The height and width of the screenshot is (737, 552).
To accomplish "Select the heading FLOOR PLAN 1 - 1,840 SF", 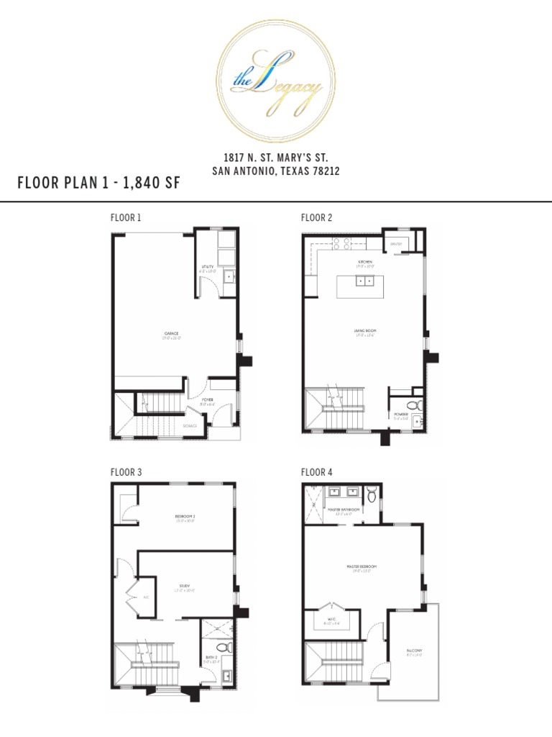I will pyautogui.click(x=98, y=184).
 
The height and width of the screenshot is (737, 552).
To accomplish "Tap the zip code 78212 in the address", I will pyautogui.click(x=323, y=171).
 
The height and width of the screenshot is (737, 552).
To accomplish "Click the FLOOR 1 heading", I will pyautogui.click(x=126, y=217).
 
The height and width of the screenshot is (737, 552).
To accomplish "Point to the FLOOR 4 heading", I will pyautogui.click(x=317, y=472).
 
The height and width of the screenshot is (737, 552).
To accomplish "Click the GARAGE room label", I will pyautogui.click(x=171, y=333).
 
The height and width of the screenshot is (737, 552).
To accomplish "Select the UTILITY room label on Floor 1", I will pyautogui.click(x=208, y=266).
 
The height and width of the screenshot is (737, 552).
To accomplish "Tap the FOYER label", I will pyautogui.click(x=207, y=398).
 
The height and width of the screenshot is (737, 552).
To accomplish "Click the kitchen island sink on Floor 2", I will pyautogui.click(x=364, y=280).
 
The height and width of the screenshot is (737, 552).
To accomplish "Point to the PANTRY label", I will pyautogui.click(x=396, y=245).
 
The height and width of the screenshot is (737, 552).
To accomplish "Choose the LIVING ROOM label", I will pyautogui.click(x=364, y=331).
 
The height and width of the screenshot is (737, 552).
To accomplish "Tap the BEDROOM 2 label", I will pyautogui.click(x=185, y=516).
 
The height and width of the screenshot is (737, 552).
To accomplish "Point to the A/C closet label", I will pyautogui.click(x=145, y=597).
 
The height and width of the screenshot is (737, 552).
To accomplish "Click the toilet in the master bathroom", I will pyautogui.click(x=371, y=495).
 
